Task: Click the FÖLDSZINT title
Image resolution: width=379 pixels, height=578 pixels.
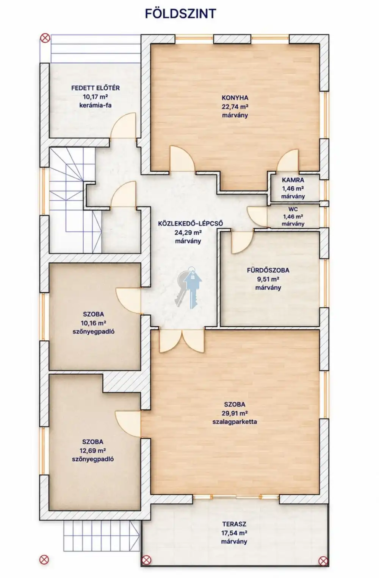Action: [180, 14]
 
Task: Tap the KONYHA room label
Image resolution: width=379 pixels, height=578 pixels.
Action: [235, 98]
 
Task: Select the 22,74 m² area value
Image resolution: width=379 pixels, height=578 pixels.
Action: [235, 107]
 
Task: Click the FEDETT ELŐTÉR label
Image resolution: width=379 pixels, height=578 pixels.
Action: [96, 88]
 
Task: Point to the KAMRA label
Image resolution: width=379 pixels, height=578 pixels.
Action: [293, 180]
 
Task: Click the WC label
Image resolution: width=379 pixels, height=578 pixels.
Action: [293, 209]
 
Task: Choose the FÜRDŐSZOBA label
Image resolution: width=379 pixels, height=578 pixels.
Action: [268, 270]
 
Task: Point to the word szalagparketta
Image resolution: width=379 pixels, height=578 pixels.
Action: [235, 422]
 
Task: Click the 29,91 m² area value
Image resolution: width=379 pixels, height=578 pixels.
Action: [235, 413]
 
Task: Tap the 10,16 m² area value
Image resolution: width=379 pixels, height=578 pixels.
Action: [94, 323]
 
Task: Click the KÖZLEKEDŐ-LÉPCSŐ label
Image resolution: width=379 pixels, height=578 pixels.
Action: [190, 223]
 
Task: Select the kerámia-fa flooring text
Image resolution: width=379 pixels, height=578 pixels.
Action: [96, 105]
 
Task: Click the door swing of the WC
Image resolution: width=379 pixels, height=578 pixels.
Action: [257, 217]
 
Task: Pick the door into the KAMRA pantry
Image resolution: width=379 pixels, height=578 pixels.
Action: [288, 160]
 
